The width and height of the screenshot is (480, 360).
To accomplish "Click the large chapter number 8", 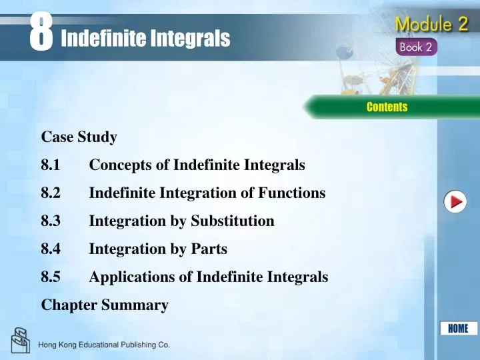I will (41, 32).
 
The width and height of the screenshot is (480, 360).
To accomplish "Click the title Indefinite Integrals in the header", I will (145, 39).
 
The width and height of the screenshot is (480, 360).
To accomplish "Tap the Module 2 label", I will (431, 25).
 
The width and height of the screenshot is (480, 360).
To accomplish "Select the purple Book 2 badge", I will (417, 48).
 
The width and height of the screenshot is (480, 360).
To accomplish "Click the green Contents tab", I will (387, 107).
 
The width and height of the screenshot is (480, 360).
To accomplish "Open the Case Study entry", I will (79, 137).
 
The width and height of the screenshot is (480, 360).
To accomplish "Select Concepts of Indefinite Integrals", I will (197, 165).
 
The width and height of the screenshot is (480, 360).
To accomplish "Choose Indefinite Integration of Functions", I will (207, 193).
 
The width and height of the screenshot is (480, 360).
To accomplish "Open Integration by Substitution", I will (181, 221).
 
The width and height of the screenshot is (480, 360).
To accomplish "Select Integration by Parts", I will (158, 249).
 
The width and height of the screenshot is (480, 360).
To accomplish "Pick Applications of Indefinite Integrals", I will (208, 277).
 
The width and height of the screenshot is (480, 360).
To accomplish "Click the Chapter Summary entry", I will (105, 305).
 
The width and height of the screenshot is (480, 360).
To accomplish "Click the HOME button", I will (458, 328).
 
